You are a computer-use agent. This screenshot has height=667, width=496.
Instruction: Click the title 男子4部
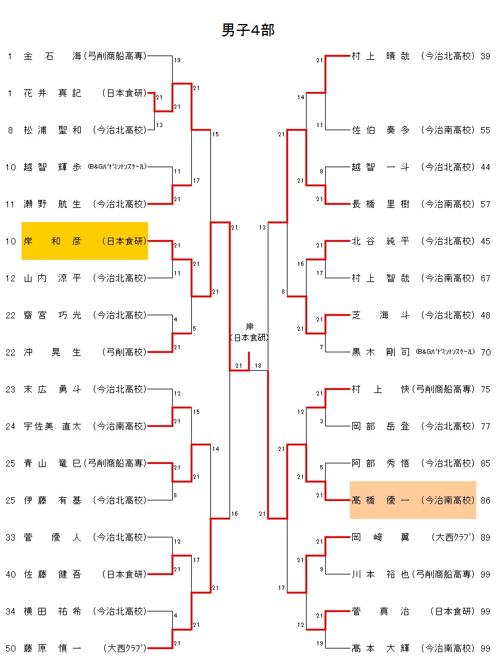point(248,31)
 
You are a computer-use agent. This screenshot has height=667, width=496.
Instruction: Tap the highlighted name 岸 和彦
point(52,241)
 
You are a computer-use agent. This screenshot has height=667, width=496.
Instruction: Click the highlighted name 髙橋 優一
point(380,500)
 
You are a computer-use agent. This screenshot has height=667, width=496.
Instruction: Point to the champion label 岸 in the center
point(249,326)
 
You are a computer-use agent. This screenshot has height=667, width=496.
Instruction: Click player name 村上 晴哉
point(380,56)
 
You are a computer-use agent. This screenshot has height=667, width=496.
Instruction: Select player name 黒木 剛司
point(380,352)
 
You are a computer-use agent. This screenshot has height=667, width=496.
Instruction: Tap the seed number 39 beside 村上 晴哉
point(485,56)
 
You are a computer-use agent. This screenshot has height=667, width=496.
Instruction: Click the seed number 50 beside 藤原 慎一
point(10,648)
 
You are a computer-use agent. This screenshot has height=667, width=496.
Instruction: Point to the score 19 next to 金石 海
point(177,60)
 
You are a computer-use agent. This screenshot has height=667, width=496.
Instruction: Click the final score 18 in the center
point(258,366)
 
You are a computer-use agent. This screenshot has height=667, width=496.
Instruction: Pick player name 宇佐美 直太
point(52,426)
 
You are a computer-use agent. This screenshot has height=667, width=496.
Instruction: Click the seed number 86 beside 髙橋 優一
point(485,500)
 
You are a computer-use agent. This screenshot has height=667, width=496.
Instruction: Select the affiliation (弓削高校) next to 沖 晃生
point(125,352)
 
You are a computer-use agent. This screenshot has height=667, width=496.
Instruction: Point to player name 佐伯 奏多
point(380,130)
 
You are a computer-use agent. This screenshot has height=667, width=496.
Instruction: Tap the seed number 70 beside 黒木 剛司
point(485,352)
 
